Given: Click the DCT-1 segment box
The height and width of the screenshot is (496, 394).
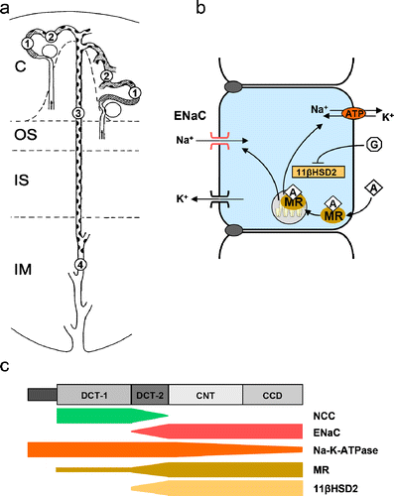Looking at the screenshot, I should click(x=94, y=394).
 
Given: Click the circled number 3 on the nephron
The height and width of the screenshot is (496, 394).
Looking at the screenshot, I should click(x=77, y=117).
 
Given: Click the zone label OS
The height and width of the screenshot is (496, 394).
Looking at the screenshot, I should click(x=22, y=135).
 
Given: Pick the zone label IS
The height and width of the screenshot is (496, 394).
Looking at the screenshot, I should click(x=22, y=181).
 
